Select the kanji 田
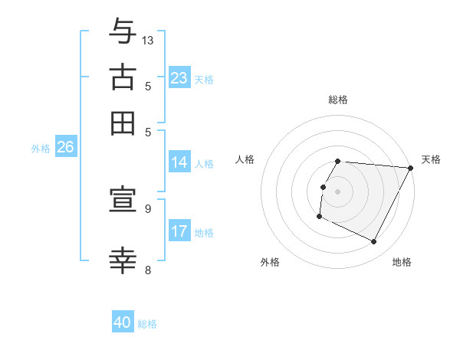tap(123, 123)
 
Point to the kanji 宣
tap(123, 201)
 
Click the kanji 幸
tap(123, 260)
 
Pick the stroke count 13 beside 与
tap(148, 40)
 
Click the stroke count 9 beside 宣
tap(148, 208)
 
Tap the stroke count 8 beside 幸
tap(148, 269)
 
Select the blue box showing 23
tap(179, 78)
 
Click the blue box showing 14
tap(179, 162)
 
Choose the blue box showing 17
tap(179, 231)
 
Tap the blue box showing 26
tap(65, 148)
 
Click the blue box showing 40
tap(123, 322)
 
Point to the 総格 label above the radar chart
tap(338, 100)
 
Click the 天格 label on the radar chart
tap(431, 159)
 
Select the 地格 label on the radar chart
tap(402, 262)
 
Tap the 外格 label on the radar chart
tap(270, 262)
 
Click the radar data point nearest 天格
tap(411, 168)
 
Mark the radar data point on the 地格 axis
tap(374, 242)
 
